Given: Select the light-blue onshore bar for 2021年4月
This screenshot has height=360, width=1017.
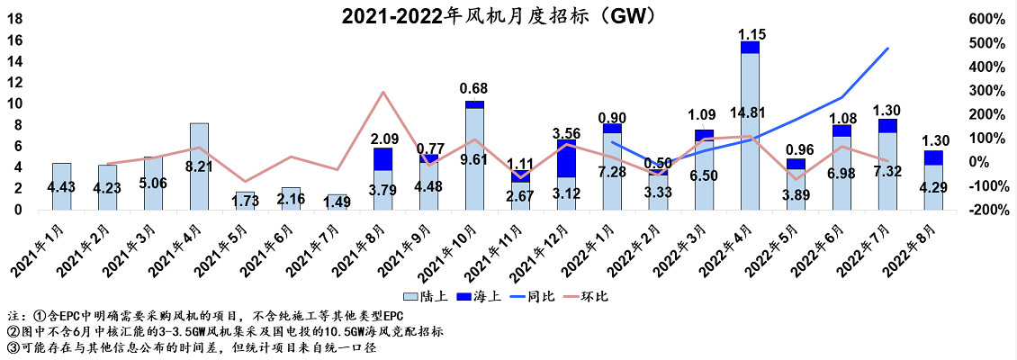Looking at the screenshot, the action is tap(199, 166).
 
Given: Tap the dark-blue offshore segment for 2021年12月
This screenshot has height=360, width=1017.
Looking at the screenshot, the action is tap(566, 158).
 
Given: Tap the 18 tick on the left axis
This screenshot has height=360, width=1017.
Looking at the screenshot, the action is tap(14, 19).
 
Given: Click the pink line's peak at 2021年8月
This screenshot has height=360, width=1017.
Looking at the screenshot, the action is tap(383, 92).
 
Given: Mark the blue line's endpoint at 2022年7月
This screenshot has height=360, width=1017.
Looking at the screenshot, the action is tap(888, 48).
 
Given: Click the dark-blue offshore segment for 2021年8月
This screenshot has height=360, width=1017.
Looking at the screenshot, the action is tap(382, 159).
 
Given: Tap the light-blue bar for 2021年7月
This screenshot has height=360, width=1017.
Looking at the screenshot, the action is tap(337, 202).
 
